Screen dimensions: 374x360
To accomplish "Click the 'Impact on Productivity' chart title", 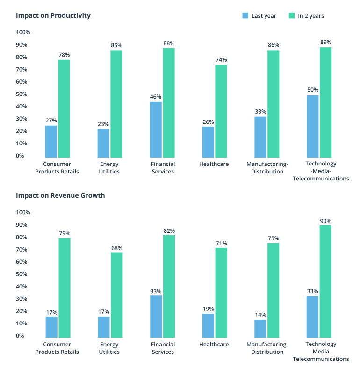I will click(x=53, y=15).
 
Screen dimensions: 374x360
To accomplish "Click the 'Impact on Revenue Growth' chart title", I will click(x=60, y=195).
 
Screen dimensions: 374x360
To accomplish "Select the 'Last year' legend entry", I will click(x=259, y=16).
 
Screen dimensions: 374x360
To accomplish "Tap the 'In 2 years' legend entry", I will click(x=306, y=16).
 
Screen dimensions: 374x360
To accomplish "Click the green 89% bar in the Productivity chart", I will click(x=325, y=102).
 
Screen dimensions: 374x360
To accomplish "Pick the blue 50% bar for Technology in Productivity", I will click(x=312, y=126).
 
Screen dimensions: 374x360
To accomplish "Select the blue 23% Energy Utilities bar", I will click(x=103, y=143).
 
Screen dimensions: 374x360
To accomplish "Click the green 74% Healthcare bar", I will click(x=221, y=111).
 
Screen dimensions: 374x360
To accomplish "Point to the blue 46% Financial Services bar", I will click(x=156, y=129).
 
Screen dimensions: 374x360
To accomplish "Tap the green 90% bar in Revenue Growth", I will click(x=325, y=281).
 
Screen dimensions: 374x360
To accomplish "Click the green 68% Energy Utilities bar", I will click(x=116, y=295).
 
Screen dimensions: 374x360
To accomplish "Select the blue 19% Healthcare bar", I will click(x=208, y=325).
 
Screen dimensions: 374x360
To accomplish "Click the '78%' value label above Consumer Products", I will click(x=64, y=55).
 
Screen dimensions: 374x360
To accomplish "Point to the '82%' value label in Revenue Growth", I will click(x=169, y=230).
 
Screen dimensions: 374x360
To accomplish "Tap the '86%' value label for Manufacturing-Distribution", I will click(x=274, y=45).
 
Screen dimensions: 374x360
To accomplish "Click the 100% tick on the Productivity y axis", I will click(x=23, y=32).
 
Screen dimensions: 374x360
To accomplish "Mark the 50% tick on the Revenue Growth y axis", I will click(x=23, y=274).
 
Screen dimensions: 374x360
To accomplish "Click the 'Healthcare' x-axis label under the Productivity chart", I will click(x=214, y=164).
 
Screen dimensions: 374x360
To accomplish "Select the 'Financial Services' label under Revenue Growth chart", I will click(x=163, y=348).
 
